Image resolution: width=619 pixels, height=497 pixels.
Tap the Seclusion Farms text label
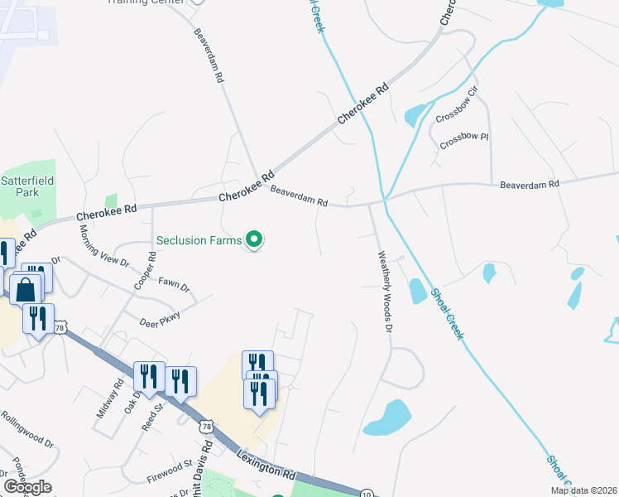(x=199, y=241)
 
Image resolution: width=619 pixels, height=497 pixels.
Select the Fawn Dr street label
(x=175, y=284)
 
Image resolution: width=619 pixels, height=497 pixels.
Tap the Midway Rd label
(x=109, y=398)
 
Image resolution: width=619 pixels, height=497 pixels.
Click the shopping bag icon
(x=26, y=290)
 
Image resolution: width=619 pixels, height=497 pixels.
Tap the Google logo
(x=27, y=486)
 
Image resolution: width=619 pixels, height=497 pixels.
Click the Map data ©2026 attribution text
(x=584, y=490)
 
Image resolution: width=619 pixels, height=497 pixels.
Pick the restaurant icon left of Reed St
(x=147, y=377)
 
